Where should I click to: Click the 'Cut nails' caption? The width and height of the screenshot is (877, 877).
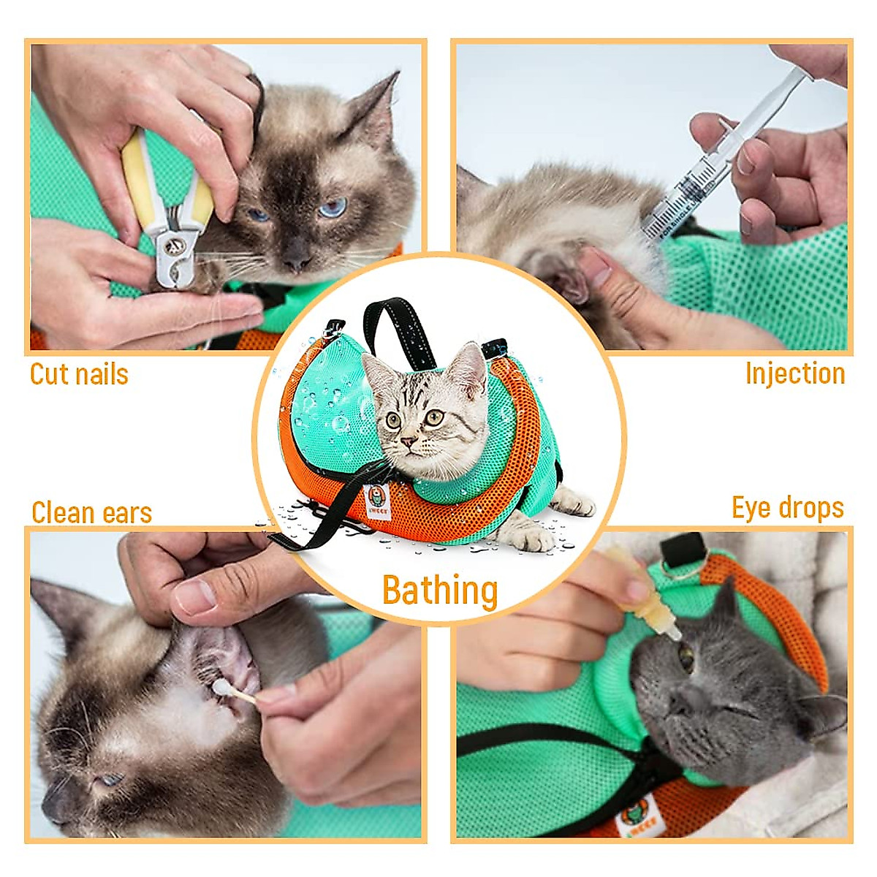(x=79, y=374)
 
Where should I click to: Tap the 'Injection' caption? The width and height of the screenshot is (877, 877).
(x=795, y=373)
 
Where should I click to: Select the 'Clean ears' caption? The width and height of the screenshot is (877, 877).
(x=91, y=512)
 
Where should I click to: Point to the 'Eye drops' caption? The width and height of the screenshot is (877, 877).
(x=788, y=508)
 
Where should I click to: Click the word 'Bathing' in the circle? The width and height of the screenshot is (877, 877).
(x=440, y=591)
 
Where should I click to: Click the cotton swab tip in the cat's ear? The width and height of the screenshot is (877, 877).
(x=220, y=687)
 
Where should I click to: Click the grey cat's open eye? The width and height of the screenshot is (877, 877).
(x=686, y=658)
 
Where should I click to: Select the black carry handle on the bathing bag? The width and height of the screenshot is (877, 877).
(x=395, y=322)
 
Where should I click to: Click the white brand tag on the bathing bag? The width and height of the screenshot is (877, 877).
(x=378, y=502)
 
